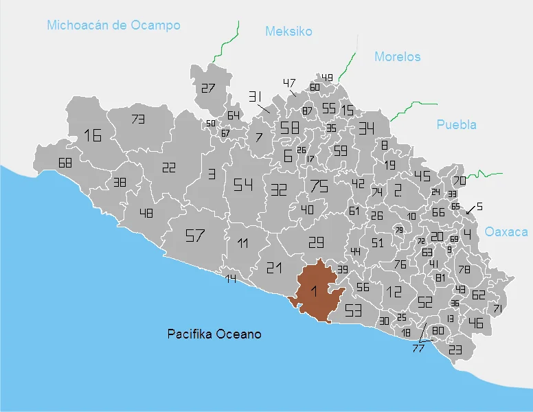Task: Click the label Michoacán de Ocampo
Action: (x=113, y=25)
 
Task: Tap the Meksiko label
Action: (x=288, y=32)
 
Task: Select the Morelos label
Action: (x=397, y=57)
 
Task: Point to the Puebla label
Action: (x=456, y=124)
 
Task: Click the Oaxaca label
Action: (x=506, y=232)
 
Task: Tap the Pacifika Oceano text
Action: (x=214, y=334)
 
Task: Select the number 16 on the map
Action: (x=93, y=135)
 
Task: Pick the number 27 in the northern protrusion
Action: (x=208, y=88)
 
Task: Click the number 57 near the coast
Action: (x=196, y=236)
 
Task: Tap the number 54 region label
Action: (x=243, y=185)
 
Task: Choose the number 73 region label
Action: (x=138, y=119)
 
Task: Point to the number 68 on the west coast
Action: (x=65, y=163)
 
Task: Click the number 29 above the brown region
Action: (x=315, y=242)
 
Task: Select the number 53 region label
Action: (x=353, y=309)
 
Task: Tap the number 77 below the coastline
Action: (x=418, y=348)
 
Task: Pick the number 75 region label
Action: (x=319, y=185)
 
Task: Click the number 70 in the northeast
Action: (x=459, y=181)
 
